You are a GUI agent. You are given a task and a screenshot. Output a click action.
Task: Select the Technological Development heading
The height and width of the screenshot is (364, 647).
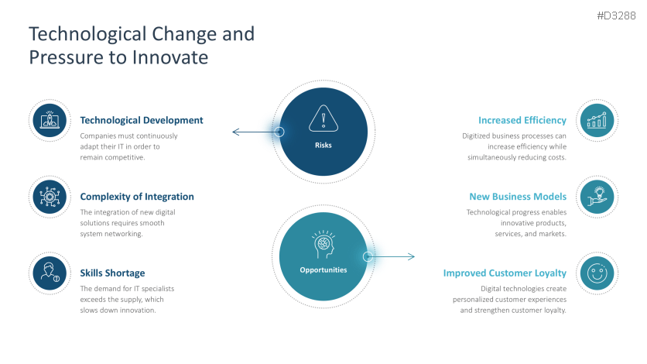[x=142, y=120]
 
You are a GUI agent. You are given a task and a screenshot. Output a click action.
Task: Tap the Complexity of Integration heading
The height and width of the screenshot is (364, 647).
[x=137, y=197]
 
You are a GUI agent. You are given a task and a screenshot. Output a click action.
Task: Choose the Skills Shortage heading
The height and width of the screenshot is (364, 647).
[x=112, y=273]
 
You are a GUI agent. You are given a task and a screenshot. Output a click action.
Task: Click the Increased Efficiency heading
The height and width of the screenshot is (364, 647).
[x=522, y=120]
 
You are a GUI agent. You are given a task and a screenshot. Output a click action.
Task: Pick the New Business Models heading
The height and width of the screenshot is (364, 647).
[x=518, y=197]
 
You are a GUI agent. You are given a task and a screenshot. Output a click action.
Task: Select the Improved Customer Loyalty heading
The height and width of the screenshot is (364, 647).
[x=505, y=273]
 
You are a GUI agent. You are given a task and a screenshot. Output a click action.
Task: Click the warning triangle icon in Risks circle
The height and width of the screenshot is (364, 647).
[x=323, y=119]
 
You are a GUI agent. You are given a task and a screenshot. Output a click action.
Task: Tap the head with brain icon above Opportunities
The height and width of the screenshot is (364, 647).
[x=323, y=244]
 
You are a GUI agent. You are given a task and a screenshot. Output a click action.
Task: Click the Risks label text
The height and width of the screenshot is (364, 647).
[x=323, y=145]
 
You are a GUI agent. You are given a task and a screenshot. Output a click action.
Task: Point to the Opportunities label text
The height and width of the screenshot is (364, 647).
[x=323, y=270]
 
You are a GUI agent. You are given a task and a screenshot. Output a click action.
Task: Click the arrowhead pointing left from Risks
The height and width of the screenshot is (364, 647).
[x=235, y=132]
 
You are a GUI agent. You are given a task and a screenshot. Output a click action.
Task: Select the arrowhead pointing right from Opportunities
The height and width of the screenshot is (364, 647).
[x=412, y=256]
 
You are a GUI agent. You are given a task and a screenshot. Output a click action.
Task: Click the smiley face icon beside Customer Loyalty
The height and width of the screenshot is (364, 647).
[x=597, y=273]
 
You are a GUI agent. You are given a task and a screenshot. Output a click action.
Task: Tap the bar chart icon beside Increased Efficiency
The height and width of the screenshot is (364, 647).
[x=597, y=120]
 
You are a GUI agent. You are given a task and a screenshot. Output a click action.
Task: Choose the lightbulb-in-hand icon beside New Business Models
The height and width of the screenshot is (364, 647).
[x=597, y=197]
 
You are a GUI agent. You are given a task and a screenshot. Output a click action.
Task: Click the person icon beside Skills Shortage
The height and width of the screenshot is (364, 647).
[x=50, y=273]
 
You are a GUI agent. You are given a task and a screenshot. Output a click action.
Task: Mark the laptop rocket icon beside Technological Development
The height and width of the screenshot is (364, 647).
[x=50, y=120]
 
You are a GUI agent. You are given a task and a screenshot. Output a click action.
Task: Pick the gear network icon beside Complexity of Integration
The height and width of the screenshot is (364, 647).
[x=50, y=197]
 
